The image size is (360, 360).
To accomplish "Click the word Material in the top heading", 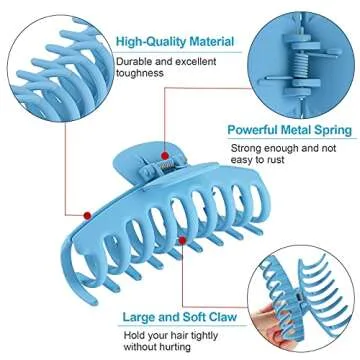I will tap(207, 42).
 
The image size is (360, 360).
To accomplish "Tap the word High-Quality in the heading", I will tap(148, 42).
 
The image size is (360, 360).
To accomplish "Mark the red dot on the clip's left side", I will tap(87, 214).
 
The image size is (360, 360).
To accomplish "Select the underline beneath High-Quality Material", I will tap(175, 53).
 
